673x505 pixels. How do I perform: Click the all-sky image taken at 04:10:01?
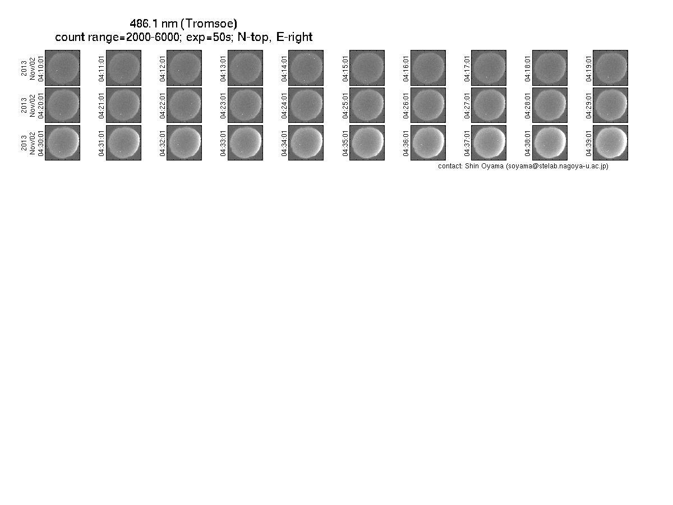63,68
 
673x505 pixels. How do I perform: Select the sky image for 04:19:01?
610,68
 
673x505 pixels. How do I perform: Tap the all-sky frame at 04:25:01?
367,105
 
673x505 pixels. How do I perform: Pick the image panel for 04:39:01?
610,143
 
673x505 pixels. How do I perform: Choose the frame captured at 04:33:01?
245,143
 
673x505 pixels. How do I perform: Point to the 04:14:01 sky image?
306,68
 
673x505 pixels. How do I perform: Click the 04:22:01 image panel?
184,105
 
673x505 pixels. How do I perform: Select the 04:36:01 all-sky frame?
428,143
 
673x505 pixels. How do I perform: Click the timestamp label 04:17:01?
467,68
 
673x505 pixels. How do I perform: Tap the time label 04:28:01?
527,106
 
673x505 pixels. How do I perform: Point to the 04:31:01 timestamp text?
102,143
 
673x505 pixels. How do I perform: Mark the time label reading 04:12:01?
162,68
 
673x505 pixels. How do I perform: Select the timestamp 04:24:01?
284,106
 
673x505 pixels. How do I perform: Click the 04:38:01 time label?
527,143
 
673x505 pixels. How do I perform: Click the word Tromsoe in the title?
211,24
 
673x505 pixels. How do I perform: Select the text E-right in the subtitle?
294,37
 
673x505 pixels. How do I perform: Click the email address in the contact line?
557,166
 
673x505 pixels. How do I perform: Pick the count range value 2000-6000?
153,37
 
